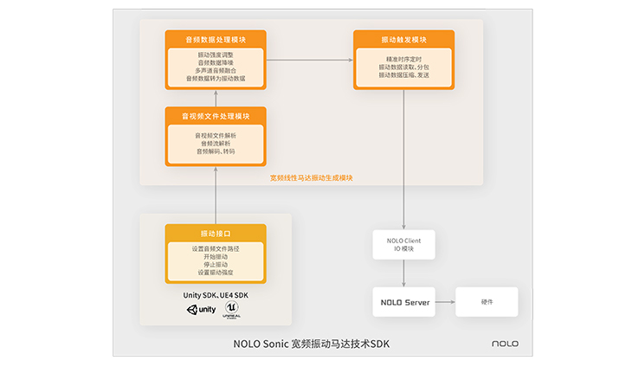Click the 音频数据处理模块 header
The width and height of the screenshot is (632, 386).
tap(216, 40)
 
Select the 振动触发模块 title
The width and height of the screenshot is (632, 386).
tap(403, 40)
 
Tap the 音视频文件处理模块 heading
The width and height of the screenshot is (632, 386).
tap(216, 116)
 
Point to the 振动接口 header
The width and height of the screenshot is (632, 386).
tap(216, 234)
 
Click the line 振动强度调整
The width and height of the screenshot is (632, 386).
tap(216, 55)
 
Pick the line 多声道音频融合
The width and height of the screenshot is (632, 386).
tap(216, 71)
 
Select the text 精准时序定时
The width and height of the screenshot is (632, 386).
tap(403, 59)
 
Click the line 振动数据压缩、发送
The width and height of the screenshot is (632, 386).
tap(403, 75)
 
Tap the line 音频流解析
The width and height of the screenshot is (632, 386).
tap(216, 144)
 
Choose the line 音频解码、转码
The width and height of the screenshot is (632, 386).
tap(216, 151)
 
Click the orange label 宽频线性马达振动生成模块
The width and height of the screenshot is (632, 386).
tap(312, 177)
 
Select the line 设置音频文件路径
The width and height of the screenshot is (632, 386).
tap(216, 249)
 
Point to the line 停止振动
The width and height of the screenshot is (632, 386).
tap(216, 265)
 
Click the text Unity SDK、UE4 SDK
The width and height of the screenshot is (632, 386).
tap(216, 295)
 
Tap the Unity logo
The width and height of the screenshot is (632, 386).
tap(201, 310)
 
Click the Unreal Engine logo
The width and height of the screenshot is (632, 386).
tap(231, 309)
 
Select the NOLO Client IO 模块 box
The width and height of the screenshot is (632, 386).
tap(403, 244)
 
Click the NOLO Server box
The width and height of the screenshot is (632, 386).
tap(403, 301)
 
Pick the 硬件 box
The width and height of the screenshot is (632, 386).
tap(487, 301)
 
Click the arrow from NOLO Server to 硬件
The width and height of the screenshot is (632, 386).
tap(444, 301)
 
